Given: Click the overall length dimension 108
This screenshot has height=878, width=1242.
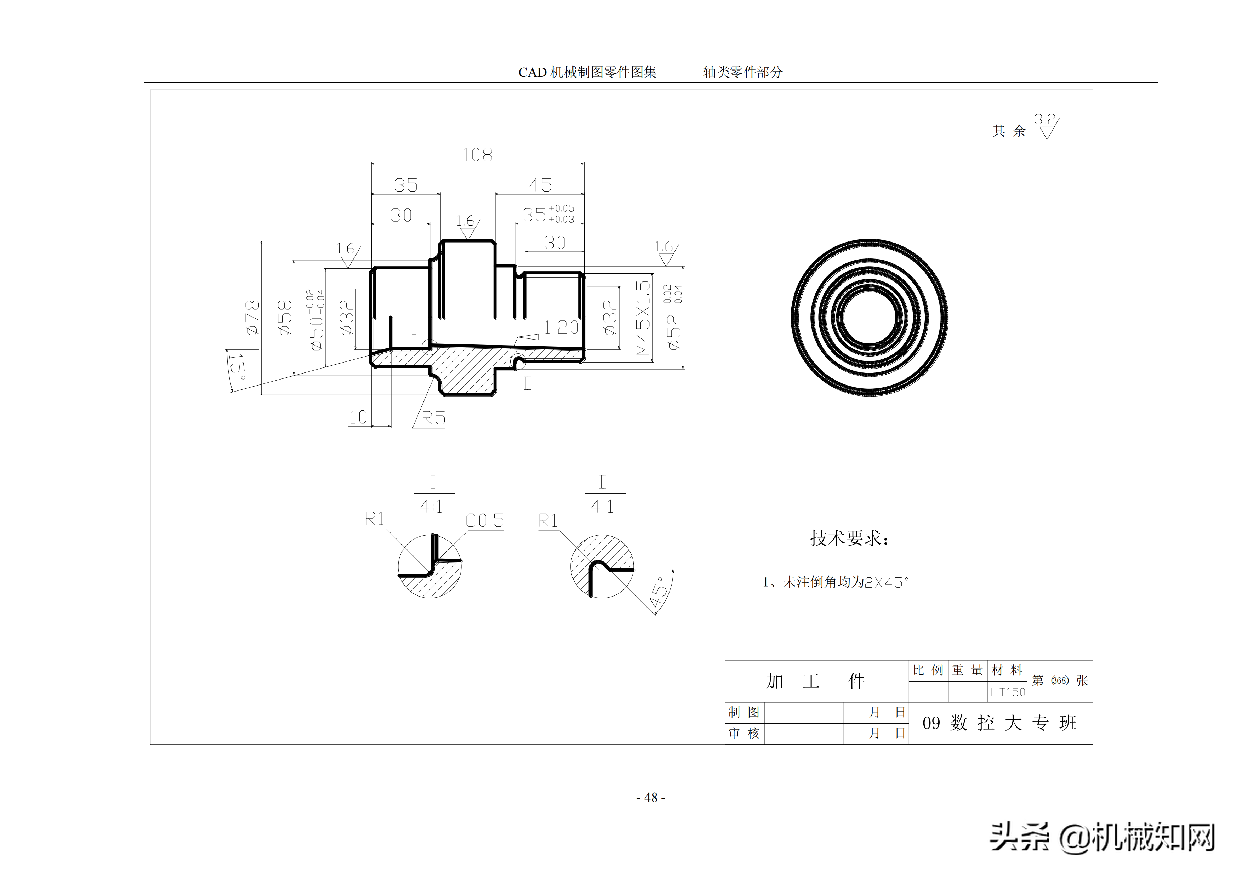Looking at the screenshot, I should [477, 155].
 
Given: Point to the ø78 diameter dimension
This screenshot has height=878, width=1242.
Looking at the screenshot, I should [252, 318].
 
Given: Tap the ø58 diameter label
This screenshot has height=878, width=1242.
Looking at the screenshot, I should [285, 318].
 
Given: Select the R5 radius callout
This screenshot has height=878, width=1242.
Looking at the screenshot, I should [433, 418].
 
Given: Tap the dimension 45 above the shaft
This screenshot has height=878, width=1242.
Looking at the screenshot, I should [540, 185].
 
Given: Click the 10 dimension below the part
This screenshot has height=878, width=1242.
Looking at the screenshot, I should [358, 417].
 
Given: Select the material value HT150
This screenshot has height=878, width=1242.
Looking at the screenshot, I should [1007, 692].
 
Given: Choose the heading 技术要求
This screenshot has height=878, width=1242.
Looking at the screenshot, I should [849, 538].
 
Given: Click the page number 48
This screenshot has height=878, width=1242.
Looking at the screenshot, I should [651, 797].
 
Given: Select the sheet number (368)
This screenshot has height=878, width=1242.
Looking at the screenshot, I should [1060, 680].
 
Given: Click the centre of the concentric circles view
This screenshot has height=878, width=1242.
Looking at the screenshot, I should [869, 318].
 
